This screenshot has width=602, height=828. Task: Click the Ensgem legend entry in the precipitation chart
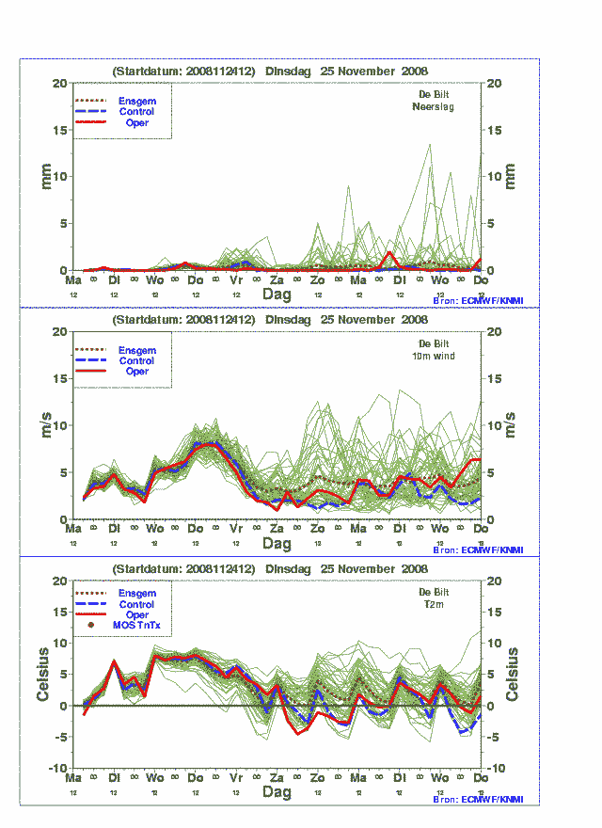[x=136, y=101]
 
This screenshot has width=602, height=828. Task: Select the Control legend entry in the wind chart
[x=136, y=360]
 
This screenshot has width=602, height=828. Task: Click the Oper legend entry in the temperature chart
[x=136, y=614]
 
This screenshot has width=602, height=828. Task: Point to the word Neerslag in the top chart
[x=434, y=106]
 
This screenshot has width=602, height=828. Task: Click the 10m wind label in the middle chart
[x=434, y=356]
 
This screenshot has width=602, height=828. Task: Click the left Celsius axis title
[x=43, y=675]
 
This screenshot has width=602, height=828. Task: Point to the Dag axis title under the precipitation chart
[x=277, y=294]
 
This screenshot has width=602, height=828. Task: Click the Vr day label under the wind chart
[x=237, y=529]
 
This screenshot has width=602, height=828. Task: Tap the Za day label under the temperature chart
[x=277, y=778]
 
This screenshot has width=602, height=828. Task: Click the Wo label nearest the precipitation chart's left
[x=155, y=280]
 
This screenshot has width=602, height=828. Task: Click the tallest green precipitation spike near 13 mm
[x=430, y=146]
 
